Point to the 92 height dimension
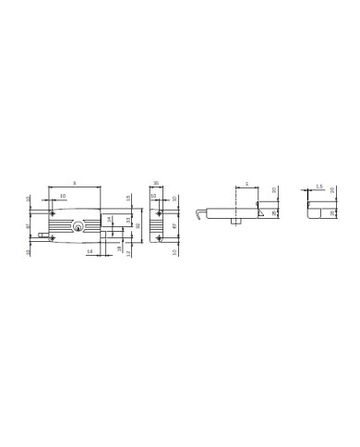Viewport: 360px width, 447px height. (x=138, y=225)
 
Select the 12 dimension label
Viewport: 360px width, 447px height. (x=127, y=252)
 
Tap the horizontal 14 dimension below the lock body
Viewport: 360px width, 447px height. (x=89, y=251)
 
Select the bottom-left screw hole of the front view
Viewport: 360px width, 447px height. (x=52, y=239)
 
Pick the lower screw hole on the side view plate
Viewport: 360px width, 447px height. (x=160, y=239)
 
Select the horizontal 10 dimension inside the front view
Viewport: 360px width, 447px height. (x=62, y=197)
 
